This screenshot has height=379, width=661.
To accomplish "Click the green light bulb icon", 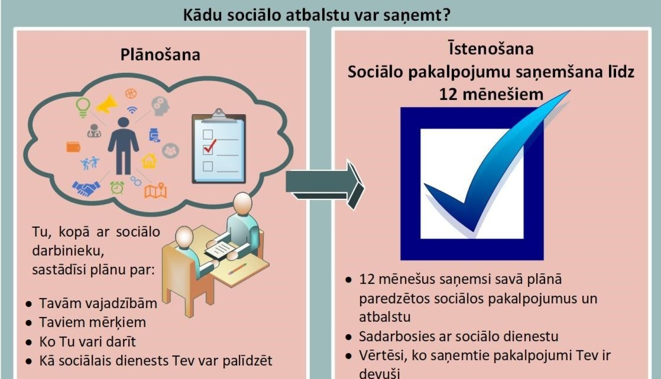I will pos(83,107).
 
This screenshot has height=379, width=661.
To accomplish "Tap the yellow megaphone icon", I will pos(107,104).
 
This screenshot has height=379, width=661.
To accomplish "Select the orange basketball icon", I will pos(131,93).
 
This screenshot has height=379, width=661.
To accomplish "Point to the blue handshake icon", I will pos(86,189).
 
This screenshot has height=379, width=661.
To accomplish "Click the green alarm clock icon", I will pos(117,187).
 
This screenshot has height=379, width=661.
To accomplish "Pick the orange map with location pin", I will pos(156,190).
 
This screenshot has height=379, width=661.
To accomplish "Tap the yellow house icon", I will pos(149,161).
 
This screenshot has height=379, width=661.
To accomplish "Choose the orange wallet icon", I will pos(74,147).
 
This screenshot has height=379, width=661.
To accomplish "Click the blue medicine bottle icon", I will pos(154,135).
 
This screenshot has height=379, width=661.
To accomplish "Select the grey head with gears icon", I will pos(160,106).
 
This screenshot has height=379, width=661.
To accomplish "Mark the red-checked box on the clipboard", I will pos(208,148).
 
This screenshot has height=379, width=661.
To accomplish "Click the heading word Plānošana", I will pos(160,55).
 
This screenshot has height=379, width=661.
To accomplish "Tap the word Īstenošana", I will pos(491,48).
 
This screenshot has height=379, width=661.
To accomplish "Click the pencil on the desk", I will pos(238,268).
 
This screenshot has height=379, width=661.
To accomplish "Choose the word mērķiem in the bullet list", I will pos(121,323).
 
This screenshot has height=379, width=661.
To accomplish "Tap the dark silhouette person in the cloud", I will pos(123,145).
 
